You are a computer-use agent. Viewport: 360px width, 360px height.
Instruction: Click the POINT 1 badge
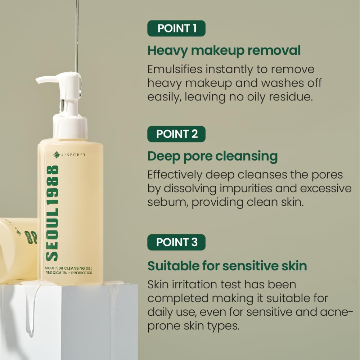[176, 28]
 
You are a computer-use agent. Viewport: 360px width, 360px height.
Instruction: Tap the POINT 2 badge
[176, 134]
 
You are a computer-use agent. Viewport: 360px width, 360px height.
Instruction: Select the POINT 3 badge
[176, 242]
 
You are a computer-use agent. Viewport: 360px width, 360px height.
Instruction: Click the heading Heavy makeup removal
[224, 51]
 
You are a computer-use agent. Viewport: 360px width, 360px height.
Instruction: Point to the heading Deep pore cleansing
[213, 157]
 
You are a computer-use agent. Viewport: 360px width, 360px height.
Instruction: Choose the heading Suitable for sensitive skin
[227, 266]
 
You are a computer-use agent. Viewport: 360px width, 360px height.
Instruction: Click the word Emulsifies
[175, 69]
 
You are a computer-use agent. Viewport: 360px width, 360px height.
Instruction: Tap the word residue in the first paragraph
[291, 96]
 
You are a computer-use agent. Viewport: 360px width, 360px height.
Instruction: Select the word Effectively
[175, 175]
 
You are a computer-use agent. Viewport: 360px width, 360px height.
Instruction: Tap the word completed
[178, 299]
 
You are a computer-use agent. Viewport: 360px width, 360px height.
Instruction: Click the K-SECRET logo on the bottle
[69, 155]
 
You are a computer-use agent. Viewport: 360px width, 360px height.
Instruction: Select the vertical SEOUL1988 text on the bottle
[52, 213]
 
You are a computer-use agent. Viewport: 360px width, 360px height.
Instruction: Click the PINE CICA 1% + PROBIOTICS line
[69, 273]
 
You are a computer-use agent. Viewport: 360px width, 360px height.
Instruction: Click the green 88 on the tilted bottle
[29, 237]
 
